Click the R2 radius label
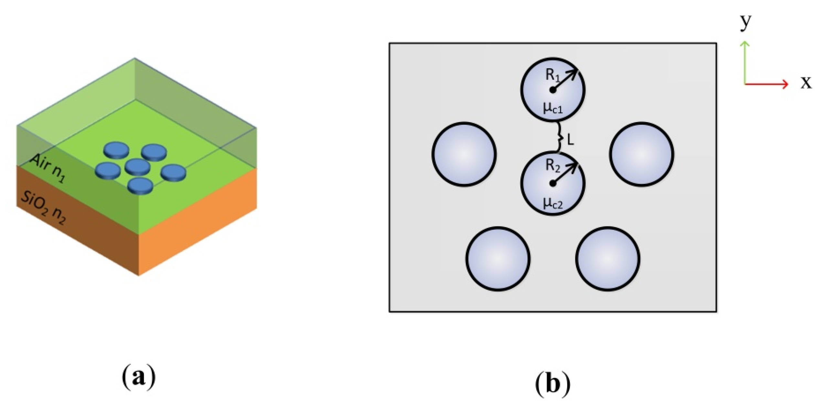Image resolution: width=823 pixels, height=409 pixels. click(552, 166)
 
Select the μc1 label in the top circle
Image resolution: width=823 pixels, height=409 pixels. click(553, 108)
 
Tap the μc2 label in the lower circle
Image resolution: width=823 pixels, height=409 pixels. click(553, 203)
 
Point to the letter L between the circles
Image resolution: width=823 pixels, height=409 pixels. click(570, 140)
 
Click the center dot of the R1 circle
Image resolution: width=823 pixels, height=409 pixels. click(552, 90)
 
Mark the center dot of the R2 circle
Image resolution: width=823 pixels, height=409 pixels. click(552, 184)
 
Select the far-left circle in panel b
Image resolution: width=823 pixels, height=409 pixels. click(464, 154)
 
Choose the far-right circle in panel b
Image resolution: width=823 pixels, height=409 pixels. click(642, 154)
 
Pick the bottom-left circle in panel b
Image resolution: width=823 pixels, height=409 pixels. click(498, 259)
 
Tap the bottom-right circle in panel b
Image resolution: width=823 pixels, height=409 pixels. click(608, 259)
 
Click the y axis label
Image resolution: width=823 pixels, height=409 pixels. click(745, 22)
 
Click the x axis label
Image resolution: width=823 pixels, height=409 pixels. click(806, 82)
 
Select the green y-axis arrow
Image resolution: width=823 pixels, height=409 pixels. click(745, 61)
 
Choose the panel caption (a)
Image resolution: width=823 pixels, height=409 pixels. click(139, 377)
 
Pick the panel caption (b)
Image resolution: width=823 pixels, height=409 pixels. click(552, 383)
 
